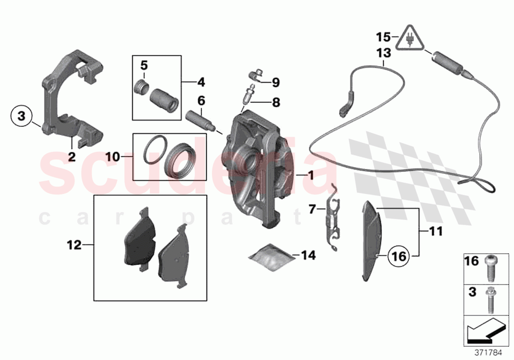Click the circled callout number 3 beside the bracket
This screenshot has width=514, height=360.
(x=21, y=117)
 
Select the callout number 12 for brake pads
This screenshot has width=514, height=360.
(x=74, y=245)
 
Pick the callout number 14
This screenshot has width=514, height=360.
(x=308, y=255)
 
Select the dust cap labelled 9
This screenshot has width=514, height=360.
(x=255, y=74)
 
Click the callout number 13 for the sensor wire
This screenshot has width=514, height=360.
(x=384, y=53)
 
